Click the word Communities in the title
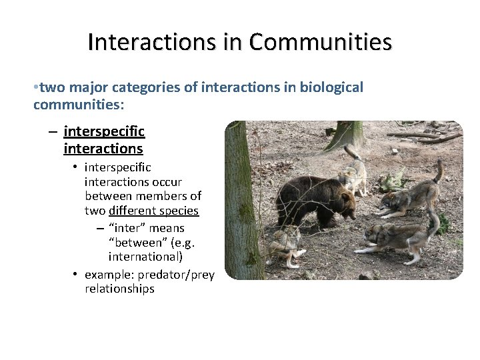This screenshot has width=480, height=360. [321, 42]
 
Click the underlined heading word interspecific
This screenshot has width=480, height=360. [104, 131]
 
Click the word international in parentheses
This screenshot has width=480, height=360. [145, 256]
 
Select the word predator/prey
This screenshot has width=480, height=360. [177, 275]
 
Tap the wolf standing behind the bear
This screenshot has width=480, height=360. [351, 175]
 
